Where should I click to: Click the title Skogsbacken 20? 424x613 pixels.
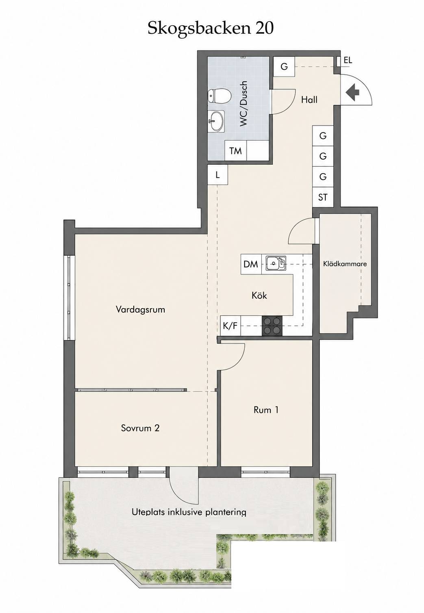211,28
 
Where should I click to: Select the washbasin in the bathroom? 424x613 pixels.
216,122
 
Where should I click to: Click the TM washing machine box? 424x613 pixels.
236,150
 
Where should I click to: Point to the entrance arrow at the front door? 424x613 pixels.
352,92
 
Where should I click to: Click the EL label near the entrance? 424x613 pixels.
348,60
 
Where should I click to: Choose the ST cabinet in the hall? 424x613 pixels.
323,197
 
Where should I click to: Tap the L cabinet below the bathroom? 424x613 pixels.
217,175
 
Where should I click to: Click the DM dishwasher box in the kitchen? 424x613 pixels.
251,264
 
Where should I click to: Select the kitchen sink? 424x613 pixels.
276,263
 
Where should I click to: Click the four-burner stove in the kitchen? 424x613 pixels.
272,326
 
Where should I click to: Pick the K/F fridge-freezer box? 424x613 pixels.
230,326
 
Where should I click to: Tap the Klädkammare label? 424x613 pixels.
345,264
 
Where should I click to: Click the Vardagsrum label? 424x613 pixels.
140,309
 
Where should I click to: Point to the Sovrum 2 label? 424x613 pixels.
140,428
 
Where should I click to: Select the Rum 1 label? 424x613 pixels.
266,410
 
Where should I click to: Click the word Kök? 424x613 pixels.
259,296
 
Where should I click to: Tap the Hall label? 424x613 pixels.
309,100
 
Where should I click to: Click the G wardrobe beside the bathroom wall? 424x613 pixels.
284,67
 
